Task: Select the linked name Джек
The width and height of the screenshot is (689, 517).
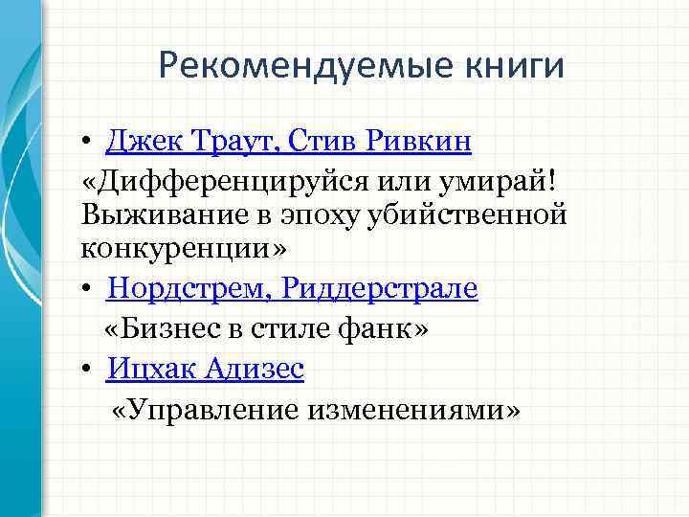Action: (x=138, y=142)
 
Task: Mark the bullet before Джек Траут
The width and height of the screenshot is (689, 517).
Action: (x=86, y=143)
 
